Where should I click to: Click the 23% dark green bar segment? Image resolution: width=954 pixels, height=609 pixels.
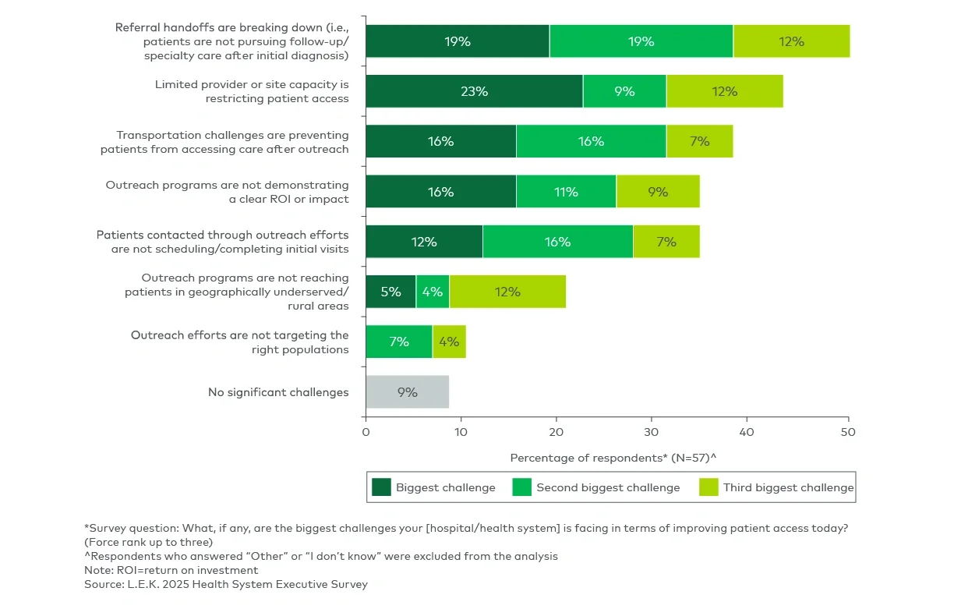coord(474,91)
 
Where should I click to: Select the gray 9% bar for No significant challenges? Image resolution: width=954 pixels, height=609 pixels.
coord(407,392)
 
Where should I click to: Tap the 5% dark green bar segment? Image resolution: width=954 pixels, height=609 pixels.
coord(390,292)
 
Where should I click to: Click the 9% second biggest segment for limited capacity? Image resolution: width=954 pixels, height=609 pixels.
coord(624,91)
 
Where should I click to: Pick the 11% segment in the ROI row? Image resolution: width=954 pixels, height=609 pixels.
coord(566,192)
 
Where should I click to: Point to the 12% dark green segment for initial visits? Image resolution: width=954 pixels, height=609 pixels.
coord(424,242)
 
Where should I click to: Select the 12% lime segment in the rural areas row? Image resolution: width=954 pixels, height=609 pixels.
coord(507,292)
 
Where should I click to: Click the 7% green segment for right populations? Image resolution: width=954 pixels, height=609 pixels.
coord(399,342)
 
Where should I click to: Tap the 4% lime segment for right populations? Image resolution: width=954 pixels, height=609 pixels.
coord(449,342)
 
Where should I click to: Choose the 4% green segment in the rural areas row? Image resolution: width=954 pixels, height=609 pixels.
coord(433,292)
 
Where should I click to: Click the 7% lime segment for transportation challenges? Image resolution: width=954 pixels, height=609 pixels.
coord(699,141)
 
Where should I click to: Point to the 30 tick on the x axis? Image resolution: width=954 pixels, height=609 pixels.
coord(651,431)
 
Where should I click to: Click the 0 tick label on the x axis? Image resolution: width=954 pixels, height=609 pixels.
coord(366,431)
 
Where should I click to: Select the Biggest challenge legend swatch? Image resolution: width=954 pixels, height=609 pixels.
coord(381,487)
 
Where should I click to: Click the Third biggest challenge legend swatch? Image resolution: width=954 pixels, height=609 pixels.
coord(708,487)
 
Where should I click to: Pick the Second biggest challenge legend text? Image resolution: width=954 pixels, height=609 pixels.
coord(608,487)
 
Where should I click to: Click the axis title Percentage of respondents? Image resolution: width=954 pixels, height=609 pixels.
coord(613,458)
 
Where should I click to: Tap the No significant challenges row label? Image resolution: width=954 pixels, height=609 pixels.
coord(278,392)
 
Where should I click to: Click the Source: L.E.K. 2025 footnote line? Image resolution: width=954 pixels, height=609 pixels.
coord(226,583)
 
